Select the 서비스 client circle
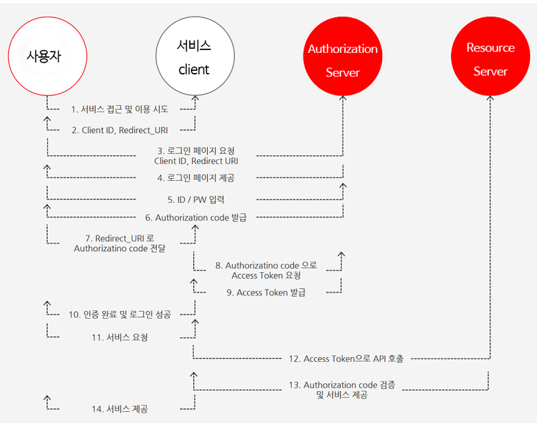(x=194, y=57)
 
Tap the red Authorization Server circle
(x=342, y=60)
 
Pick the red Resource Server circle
(x=490, y=60)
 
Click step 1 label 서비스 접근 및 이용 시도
(x=120, y=109)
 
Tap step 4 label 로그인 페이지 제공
(x=195, y=177)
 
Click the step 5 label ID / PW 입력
(x=196, y=198)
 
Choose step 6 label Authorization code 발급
(x=196, y=218)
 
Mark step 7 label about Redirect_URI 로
(x=119, y=238)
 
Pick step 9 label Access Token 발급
(x=267, y=292)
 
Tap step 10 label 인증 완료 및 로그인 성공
(x=120, y=315)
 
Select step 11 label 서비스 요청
(x=120, y=338)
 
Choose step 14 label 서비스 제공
(x=120, y=409)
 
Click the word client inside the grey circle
(x=194, y=70)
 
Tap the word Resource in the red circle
(x=490, y=48)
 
